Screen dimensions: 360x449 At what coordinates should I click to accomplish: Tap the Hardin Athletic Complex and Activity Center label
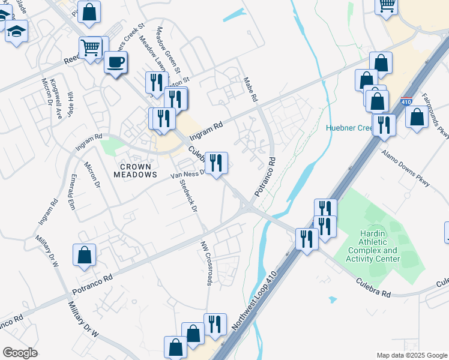pos(372,246)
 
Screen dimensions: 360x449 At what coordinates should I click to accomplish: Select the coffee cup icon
pos(116,62)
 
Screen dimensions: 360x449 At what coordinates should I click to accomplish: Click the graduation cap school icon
pos(16,32)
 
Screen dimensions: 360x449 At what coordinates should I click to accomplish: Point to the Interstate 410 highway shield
pos(406,102)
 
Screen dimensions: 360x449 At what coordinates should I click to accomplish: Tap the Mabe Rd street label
pos(250,89)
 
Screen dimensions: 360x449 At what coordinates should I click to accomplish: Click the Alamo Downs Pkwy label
pos(406,167)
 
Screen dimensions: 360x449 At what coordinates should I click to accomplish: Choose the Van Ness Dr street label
pos(187,175)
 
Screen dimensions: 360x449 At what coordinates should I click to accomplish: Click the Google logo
pos(20,353)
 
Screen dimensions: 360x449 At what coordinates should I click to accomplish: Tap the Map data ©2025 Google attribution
pos(411,355)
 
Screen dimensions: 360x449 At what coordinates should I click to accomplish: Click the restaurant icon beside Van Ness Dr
pos(216,163)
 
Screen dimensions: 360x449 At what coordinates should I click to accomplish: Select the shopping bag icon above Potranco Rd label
pos(85,255)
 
